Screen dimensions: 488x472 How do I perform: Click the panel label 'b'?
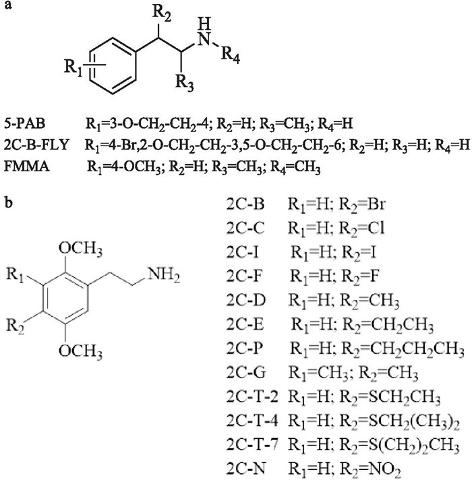coord(7,201)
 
